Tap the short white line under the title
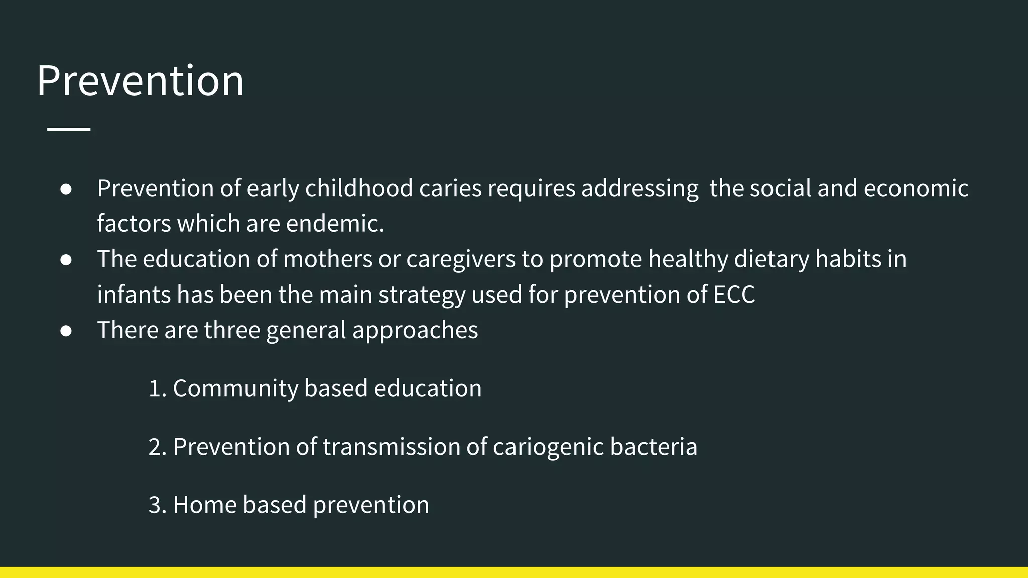click(x=69, y=129)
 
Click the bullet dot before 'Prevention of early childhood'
click(x=66, y=189)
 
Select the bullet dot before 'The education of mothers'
click(x=66, y=260)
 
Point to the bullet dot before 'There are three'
click(x=66, y=331)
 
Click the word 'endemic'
click(x=334, y=224)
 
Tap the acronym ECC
click(x=734, y=295)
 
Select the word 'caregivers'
click(x=461, y=259)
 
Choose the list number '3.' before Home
click(x=157, y=505)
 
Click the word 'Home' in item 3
click(x=205, y=505)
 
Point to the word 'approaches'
click(x=415, y=331)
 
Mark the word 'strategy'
click(x=422, y=295)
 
